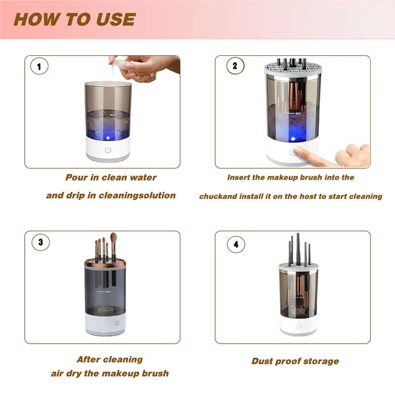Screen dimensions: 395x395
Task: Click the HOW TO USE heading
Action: [x=74, y=19]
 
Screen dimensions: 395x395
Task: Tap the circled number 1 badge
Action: [x=39, y=66]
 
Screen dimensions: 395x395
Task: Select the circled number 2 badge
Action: [x=235, y=66]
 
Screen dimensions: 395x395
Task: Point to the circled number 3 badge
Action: [x=40, y=242]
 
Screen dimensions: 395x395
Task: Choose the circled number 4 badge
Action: [x=236, y=243]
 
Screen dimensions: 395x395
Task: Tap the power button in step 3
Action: [x=117, y=323]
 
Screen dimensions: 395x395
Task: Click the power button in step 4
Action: [x=298, y=325]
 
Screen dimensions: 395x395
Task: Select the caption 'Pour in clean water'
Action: [x=111, y=177]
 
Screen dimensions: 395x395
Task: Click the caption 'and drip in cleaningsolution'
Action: [x=111, y=196]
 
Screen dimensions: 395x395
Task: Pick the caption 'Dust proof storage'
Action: [x=295, y=361]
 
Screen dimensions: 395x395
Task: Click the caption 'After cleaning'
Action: [x=110, y=359]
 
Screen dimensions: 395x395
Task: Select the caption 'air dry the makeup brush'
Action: [x=110, y=373]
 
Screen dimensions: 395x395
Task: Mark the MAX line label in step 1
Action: [x=113, y=115]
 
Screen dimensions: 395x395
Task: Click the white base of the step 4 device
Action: [x=298, y=327]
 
